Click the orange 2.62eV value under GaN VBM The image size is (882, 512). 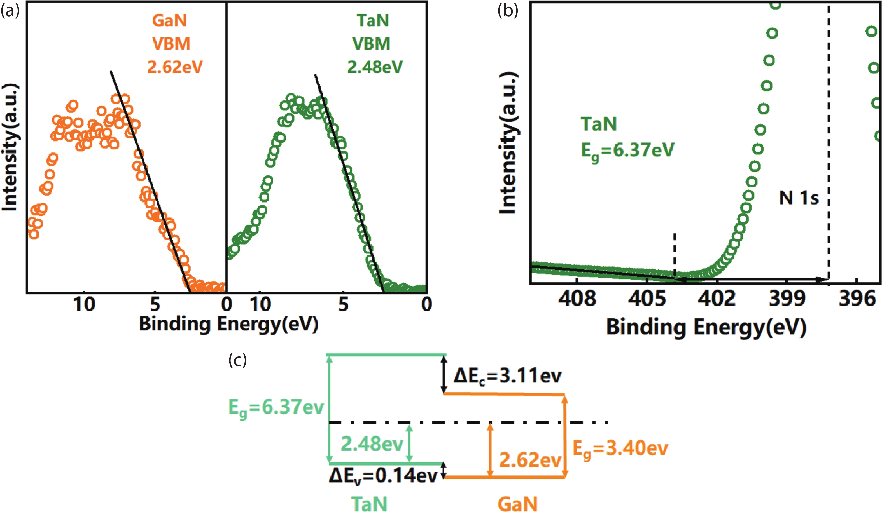[x=175, y=67]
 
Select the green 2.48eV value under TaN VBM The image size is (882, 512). [x=375, y=67]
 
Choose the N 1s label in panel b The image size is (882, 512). [x=799, y=198]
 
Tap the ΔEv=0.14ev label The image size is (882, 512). [x=383, y=476]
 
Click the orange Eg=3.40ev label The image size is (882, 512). [x=620, y=449]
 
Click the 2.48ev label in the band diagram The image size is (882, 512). [x=372, y=444]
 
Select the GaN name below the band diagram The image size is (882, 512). [x=517, y=504]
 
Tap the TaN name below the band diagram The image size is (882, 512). [x=369, y=504]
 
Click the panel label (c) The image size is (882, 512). [x=238, y=360]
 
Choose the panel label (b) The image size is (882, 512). [x=507, y=11]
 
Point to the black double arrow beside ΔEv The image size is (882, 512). [x=444, y=470]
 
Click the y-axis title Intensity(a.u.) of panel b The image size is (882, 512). [x=508, y=143]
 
